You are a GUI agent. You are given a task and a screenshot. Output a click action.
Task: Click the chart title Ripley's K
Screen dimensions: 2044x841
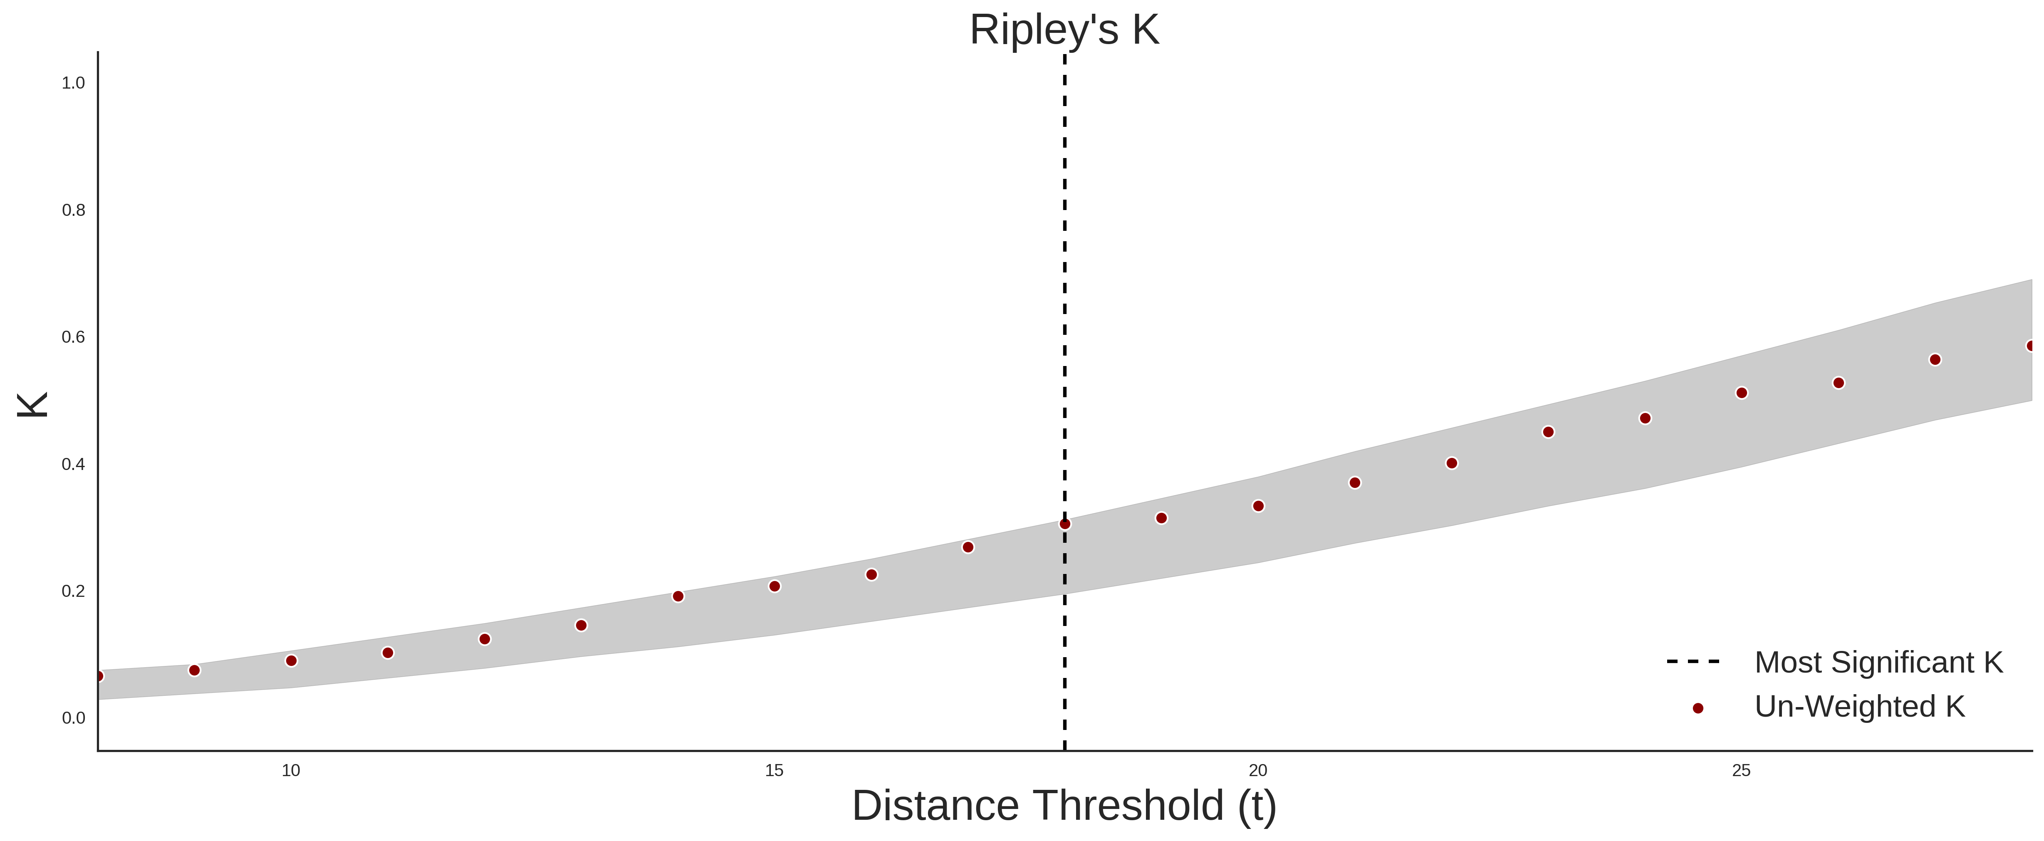(x=1064, y=30)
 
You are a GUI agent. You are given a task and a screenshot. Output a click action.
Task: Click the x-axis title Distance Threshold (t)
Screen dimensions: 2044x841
(x=1064, y=806)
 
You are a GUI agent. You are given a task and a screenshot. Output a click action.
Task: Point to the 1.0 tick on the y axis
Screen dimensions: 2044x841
(x=73, y=83)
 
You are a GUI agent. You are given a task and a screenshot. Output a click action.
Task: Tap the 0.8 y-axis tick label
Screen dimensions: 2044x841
(x=73, y=210)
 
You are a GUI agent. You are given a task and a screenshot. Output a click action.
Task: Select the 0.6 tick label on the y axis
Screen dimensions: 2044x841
(x=73, y=337)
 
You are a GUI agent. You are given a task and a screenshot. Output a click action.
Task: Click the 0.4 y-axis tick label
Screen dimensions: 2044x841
(x=73, y=464)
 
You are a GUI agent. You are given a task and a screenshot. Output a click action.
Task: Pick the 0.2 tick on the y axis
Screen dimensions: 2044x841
(x=73, y=591)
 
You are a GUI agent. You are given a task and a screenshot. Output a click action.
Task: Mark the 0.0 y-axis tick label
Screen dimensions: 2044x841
(x=73, y=718)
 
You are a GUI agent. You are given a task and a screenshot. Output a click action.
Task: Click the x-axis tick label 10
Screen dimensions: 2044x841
(x=291, y=770)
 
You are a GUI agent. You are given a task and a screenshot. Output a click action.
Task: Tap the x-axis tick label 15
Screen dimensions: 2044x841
(x=775, y=770)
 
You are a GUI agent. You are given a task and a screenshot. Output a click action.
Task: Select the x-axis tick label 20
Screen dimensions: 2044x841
(x=1258, y=770)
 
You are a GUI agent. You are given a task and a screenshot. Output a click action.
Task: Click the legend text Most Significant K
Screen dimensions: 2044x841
(x=1878, y=663)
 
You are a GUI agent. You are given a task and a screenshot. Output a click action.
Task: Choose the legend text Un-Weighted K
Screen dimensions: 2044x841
(x=1859, y=706)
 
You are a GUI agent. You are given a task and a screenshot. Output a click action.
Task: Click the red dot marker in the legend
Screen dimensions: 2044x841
(x=1697, y=708)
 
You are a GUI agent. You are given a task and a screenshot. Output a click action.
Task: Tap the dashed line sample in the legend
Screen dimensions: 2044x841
(x=1693, y=661)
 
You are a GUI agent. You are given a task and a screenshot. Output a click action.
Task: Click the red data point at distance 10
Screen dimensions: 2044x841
(x=291, y=661)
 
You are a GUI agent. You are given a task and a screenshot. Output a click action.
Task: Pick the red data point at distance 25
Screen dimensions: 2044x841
(x=1742, y=393)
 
